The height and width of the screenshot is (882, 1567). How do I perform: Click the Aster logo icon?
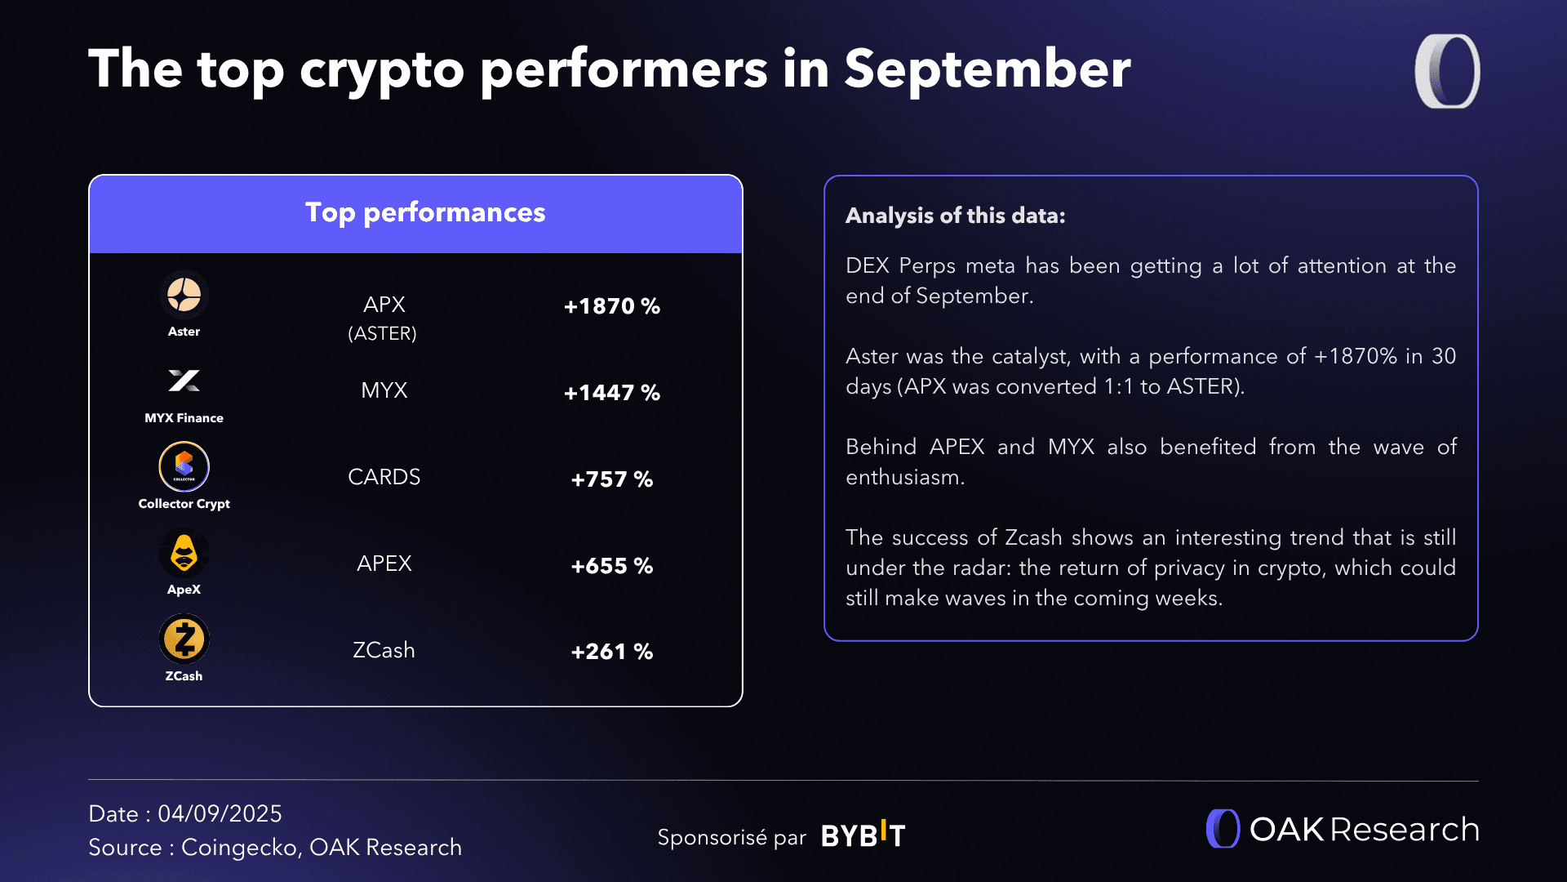(184, 295)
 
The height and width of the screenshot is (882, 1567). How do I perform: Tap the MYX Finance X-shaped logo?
(184, 381)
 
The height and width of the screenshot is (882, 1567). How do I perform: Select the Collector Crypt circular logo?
(184, 466)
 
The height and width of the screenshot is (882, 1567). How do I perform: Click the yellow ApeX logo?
(184, 553)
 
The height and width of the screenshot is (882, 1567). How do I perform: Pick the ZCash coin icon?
(184, 639)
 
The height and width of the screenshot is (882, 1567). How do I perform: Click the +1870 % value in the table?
(611, 306)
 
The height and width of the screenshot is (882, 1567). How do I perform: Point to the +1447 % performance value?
(611, 393)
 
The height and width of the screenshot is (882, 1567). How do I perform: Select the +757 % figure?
(611, 479)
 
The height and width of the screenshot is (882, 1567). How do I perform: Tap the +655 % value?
(611, 566)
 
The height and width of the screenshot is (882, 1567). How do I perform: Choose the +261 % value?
(611, 652)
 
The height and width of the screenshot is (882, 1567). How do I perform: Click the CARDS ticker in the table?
(384, 477)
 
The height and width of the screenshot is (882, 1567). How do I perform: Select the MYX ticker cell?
(384, 390)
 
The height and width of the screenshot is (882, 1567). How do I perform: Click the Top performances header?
(424, 212)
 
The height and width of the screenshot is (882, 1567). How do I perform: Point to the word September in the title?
(987, 69)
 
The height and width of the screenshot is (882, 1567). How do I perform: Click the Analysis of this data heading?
(955, 216)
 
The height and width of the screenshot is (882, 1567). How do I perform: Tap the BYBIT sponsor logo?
(863, 835)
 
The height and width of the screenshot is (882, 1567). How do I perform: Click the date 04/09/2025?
(220, 813)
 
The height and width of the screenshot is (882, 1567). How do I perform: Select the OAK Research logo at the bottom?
(1343, 829)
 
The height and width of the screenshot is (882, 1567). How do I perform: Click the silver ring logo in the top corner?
(1447, 71)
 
